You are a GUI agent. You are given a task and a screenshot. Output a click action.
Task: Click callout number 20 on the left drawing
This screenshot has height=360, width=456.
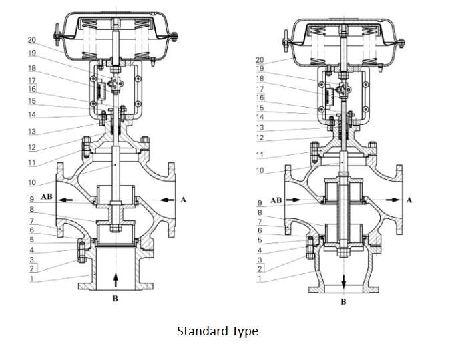[31, 40]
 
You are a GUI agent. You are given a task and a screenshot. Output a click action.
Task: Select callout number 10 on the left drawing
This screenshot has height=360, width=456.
[31, 182]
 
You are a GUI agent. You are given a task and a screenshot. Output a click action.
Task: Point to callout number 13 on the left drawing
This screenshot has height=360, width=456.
[31, 131]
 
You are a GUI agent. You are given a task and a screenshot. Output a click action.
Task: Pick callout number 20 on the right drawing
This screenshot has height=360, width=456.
[260, 61]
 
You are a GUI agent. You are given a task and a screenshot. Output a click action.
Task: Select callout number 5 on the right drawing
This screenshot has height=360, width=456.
[260, 240]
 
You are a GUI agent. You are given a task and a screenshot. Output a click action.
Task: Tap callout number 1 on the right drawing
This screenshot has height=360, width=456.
[260, 279]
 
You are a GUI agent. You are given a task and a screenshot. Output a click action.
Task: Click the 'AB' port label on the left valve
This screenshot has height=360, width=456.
[47, 198]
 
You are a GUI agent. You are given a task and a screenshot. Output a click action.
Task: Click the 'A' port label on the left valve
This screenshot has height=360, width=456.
[183, 198]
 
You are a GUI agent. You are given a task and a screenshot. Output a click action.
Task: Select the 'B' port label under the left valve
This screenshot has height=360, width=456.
[115, 299]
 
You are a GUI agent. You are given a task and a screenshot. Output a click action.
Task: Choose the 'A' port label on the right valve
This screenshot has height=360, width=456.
[409, 200]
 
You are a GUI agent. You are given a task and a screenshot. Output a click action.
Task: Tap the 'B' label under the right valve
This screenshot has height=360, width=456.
[344, 301]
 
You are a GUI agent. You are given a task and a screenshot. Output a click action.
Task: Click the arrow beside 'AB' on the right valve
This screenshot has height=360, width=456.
[294, 200]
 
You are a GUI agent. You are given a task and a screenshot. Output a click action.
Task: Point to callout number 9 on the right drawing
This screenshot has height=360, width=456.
[260, 203]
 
